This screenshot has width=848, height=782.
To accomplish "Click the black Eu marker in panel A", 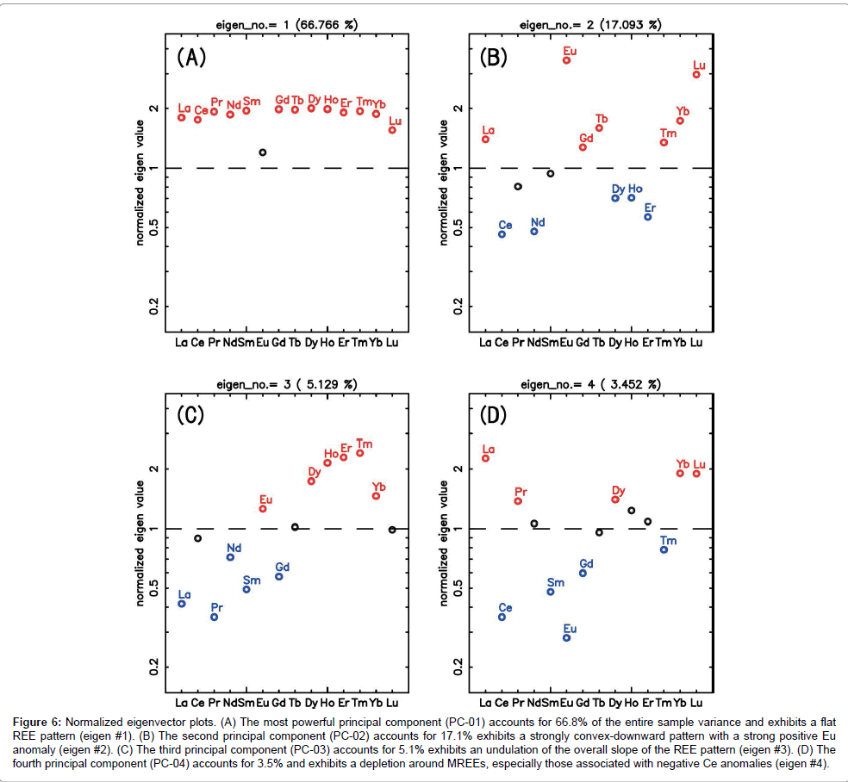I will [x=263, y=152].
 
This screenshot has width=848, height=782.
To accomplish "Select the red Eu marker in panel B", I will [x=567, y=60].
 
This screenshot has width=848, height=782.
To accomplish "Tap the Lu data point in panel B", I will [x=696, y=74].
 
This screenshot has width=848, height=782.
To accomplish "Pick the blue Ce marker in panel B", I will [x=502, y=234].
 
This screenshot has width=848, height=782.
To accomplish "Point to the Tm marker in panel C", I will [x=360, y=453].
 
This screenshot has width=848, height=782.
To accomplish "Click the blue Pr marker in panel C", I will [x=215, y=617].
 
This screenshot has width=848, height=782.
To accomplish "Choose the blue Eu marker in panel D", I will [x=567, y=637].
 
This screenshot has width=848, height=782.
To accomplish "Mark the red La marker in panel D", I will [x=486, y=458].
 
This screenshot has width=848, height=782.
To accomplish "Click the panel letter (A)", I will [x=191, y=58].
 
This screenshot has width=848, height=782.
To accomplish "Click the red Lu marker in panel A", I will [x=392, y=130].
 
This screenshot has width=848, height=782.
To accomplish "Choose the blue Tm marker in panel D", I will [x=664, y=549].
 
